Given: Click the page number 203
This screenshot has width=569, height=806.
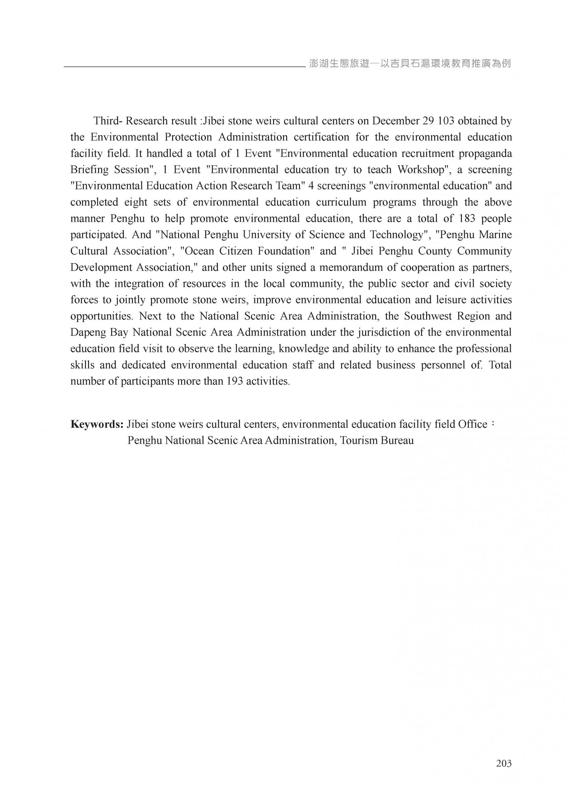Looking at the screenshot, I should pyautogui.click(x=504, y=763).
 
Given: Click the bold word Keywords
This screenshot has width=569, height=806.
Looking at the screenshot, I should pyautogui.click(x=97, y=424).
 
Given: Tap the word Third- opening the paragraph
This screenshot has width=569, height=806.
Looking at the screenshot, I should pyautogui.click(x=108, y=121).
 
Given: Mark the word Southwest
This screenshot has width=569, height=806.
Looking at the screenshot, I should pyautogui.click(x=427, y=316).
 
